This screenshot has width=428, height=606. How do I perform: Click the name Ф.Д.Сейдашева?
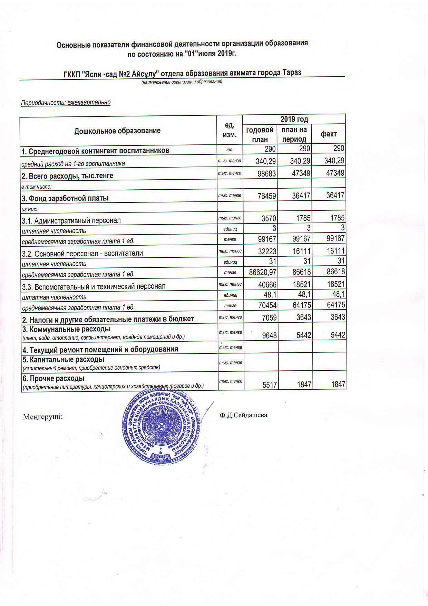[243, 415]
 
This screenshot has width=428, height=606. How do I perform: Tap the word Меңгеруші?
[43, 417]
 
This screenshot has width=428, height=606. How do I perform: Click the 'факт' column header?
[329, 134]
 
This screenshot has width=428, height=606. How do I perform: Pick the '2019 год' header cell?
[294, 119]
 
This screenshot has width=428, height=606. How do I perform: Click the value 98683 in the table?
[266, 173]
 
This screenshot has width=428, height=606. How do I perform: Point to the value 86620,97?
[263, 272]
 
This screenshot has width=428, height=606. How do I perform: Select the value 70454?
[266, 305]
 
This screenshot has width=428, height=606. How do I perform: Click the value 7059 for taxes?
[269, 317]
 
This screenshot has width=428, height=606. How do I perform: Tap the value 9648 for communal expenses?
[269, 335]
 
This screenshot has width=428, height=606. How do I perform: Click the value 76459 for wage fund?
[266, 196]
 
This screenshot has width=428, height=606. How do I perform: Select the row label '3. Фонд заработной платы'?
[65, 198]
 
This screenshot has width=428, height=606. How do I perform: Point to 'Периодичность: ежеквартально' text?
[66, 103]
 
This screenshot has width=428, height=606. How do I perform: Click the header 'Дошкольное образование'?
[117, 131]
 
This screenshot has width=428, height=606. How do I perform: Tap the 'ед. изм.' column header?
[230, 130]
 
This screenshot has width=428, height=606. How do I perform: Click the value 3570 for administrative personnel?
[269, 218]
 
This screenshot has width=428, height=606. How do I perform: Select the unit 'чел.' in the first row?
[230, 150]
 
